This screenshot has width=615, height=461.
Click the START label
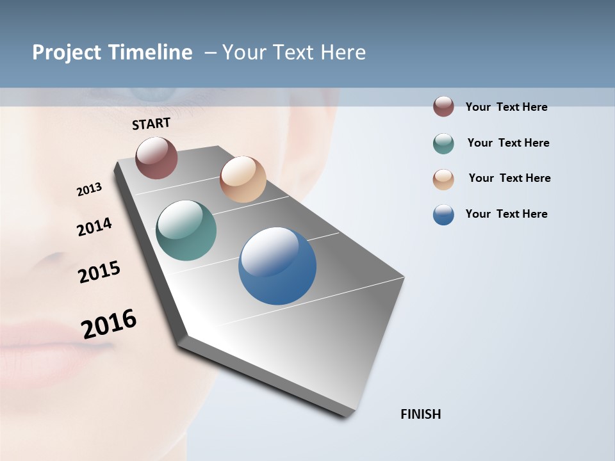[x=151, y=124]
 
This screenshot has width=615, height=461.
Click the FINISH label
[x=420, y=414]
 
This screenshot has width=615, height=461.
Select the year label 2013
[x=89, y=190]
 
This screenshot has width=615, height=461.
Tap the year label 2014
[x=94, y=227]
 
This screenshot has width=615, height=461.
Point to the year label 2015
[x=99, y=272]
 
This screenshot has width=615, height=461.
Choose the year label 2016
[x=109, y=324]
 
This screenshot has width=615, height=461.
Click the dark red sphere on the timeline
[x=156, y=158]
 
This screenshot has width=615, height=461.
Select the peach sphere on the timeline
[x=243, y=179]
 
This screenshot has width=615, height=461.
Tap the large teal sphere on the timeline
[x=186, y=230]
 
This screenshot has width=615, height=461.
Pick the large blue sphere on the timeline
[x=277, y=266]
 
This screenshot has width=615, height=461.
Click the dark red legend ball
[x=443, y=107]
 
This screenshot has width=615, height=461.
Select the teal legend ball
[x=443, y=143]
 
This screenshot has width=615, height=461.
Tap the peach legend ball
[x=443, y=179]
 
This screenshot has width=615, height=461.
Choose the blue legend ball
[x=443, y=214]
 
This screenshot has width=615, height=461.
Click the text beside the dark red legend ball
[x=506, y=108]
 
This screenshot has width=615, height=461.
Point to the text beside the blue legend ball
[x=506, y=214]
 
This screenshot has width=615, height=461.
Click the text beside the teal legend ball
[x=508, y=143]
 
